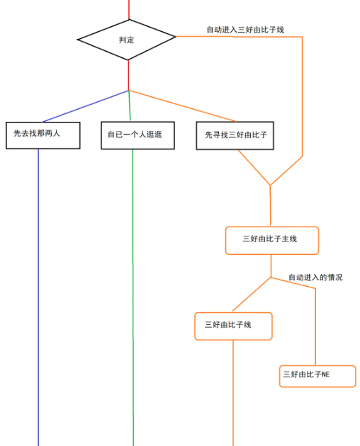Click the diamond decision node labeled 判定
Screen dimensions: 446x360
click(127, 39)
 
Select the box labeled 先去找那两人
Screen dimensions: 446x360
click(43, 135)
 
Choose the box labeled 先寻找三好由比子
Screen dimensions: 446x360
click(235, 135)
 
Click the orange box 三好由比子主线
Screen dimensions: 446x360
click(271, 240)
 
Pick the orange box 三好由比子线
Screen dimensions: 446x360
click(233, 326)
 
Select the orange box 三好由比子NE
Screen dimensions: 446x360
click(317, 375)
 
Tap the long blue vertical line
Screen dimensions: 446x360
click(38, 297)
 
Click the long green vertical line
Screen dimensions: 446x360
click(133, 297)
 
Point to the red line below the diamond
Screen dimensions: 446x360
click(128, 75)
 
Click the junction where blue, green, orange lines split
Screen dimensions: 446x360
click(128, 91)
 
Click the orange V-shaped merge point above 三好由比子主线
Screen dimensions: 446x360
click(270, 185)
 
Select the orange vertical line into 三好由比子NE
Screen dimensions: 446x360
click(315, 326)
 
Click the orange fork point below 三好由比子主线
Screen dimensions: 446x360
click(271, 277)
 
